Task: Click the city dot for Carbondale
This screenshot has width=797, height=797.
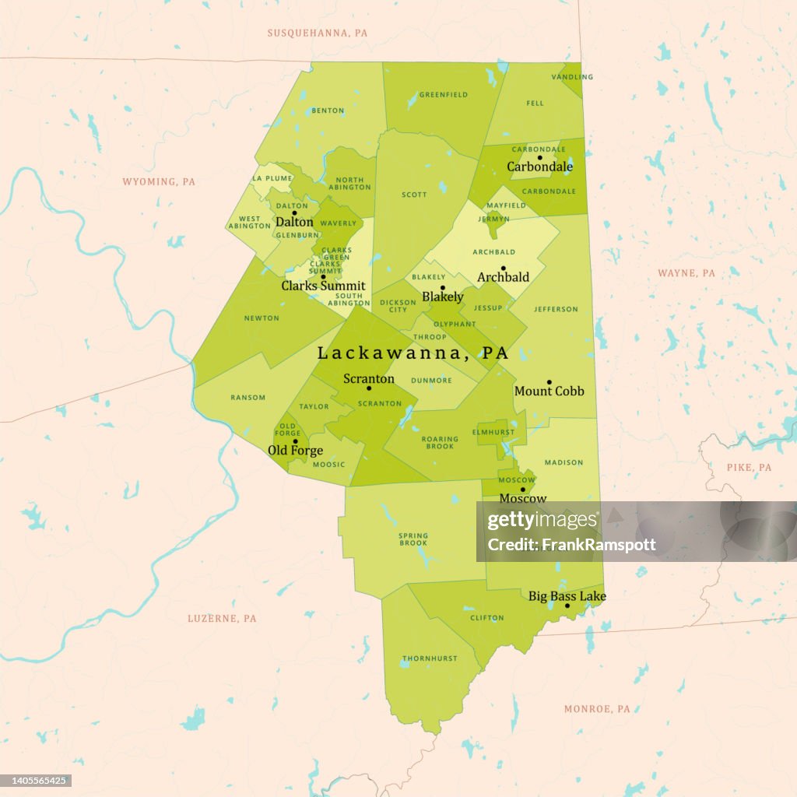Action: point(539,157)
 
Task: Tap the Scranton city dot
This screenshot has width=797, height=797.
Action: point(369,388)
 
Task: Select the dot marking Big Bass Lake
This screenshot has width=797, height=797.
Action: point(567,606)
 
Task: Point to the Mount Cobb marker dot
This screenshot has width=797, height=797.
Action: point(549,382)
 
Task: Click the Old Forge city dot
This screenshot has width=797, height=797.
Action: point(295,441)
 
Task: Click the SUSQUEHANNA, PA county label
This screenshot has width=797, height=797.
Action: point(317,33)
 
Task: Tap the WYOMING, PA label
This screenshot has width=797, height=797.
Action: point(159,181)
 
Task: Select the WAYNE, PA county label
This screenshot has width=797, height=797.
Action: point(686,273)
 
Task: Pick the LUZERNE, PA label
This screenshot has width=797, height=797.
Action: point(222,618)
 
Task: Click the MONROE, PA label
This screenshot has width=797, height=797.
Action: point(597,709)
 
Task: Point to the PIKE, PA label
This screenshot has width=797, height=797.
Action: point(749,467)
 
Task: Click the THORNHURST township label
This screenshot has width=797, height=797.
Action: point(429,658)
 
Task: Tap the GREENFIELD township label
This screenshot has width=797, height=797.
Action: point(444,95)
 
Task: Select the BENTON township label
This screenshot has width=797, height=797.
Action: point(328,111)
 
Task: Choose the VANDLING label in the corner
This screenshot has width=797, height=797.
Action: point(572,77)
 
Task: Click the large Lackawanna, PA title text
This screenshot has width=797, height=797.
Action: point(413,353)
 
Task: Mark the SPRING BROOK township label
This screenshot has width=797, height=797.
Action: point(413,539)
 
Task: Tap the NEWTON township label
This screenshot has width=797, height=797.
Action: point(262,318)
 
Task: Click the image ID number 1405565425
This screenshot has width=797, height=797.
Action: point(37,780)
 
